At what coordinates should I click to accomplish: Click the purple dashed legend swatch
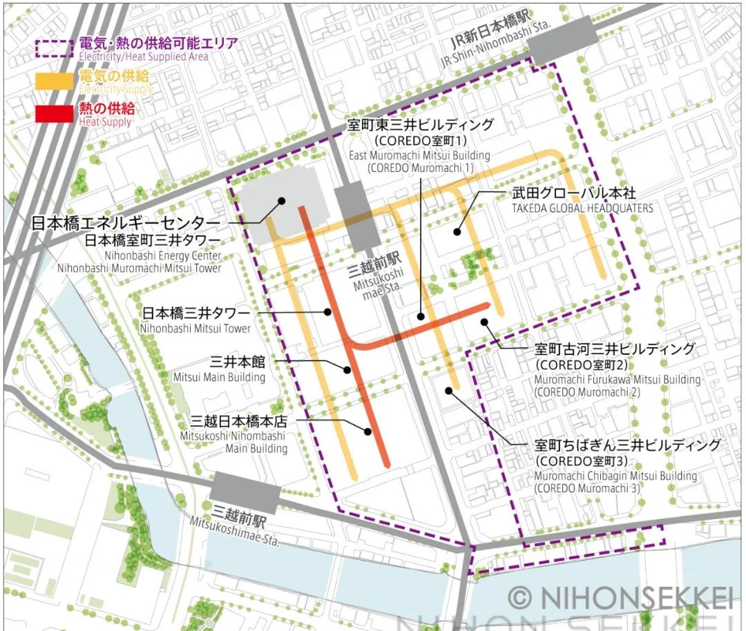tap(54, 48)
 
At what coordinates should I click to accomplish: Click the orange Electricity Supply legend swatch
tap(54, 81)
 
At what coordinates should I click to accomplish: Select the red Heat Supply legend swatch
tap(54, 113)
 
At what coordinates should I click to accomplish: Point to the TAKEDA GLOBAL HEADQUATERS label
tap(582, 208)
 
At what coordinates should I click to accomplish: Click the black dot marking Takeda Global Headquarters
tap(457, 232)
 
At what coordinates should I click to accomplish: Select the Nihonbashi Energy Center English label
tap(163, 256)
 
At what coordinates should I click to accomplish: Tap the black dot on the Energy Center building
tap(282, 201)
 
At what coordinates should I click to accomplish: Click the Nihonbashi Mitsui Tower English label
tap(195, 329)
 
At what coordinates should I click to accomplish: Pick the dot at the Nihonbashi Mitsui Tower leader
tap(328, 312)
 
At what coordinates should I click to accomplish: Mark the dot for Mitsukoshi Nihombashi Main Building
tap(368, 432)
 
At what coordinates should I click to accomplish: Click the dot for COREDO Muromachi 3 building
tap(448, 391)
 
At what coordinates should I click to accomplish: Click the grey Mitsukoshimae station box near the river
tap(245, 492)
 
